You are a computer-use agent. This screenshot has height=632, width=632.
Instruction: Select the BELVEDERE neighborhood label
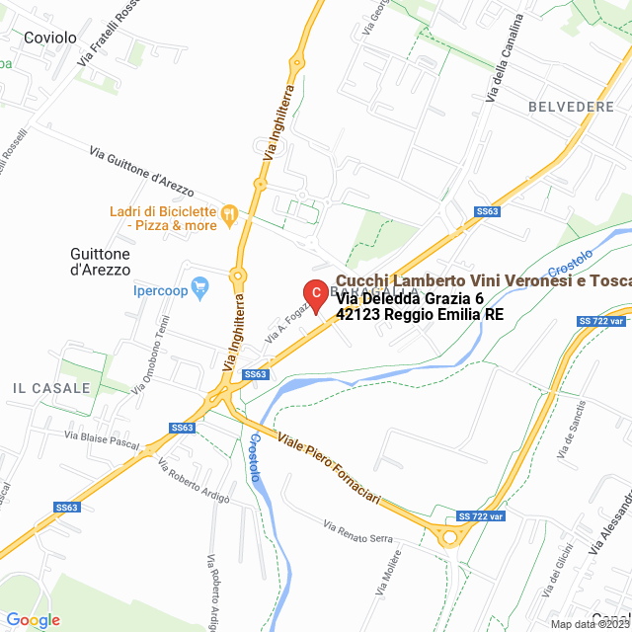(x=571, y=106)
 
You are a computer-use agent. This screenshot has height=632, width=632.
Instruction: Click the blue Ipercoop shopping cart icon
(x=201, y=289)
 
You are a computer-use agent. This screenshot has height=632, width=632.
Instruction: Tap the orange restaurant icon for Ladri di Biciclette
(x=229, y=211)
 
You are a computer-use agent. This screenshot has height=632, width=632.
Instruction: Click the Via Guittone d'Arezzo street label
(x=141, y=168)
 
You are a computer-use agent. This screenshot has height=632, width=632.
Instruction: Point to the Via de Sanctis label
(x=573, y=429)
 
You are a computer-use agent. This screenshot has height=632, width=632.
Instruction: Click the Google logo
(x=33, y=619)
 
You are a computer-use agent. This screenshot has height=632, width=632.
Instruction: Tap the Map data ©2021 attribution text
(x=589, y=624)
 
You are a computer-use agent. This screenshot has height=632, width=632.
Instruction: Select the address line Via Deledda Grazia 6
(x=410, y=298)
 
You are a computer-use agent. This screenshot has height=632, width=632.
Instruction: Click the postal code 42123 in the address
(x=361, y=315)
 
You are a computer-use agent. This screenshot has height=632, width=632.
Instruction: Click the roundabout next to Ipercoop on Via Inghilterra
(x=237, y=276)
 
